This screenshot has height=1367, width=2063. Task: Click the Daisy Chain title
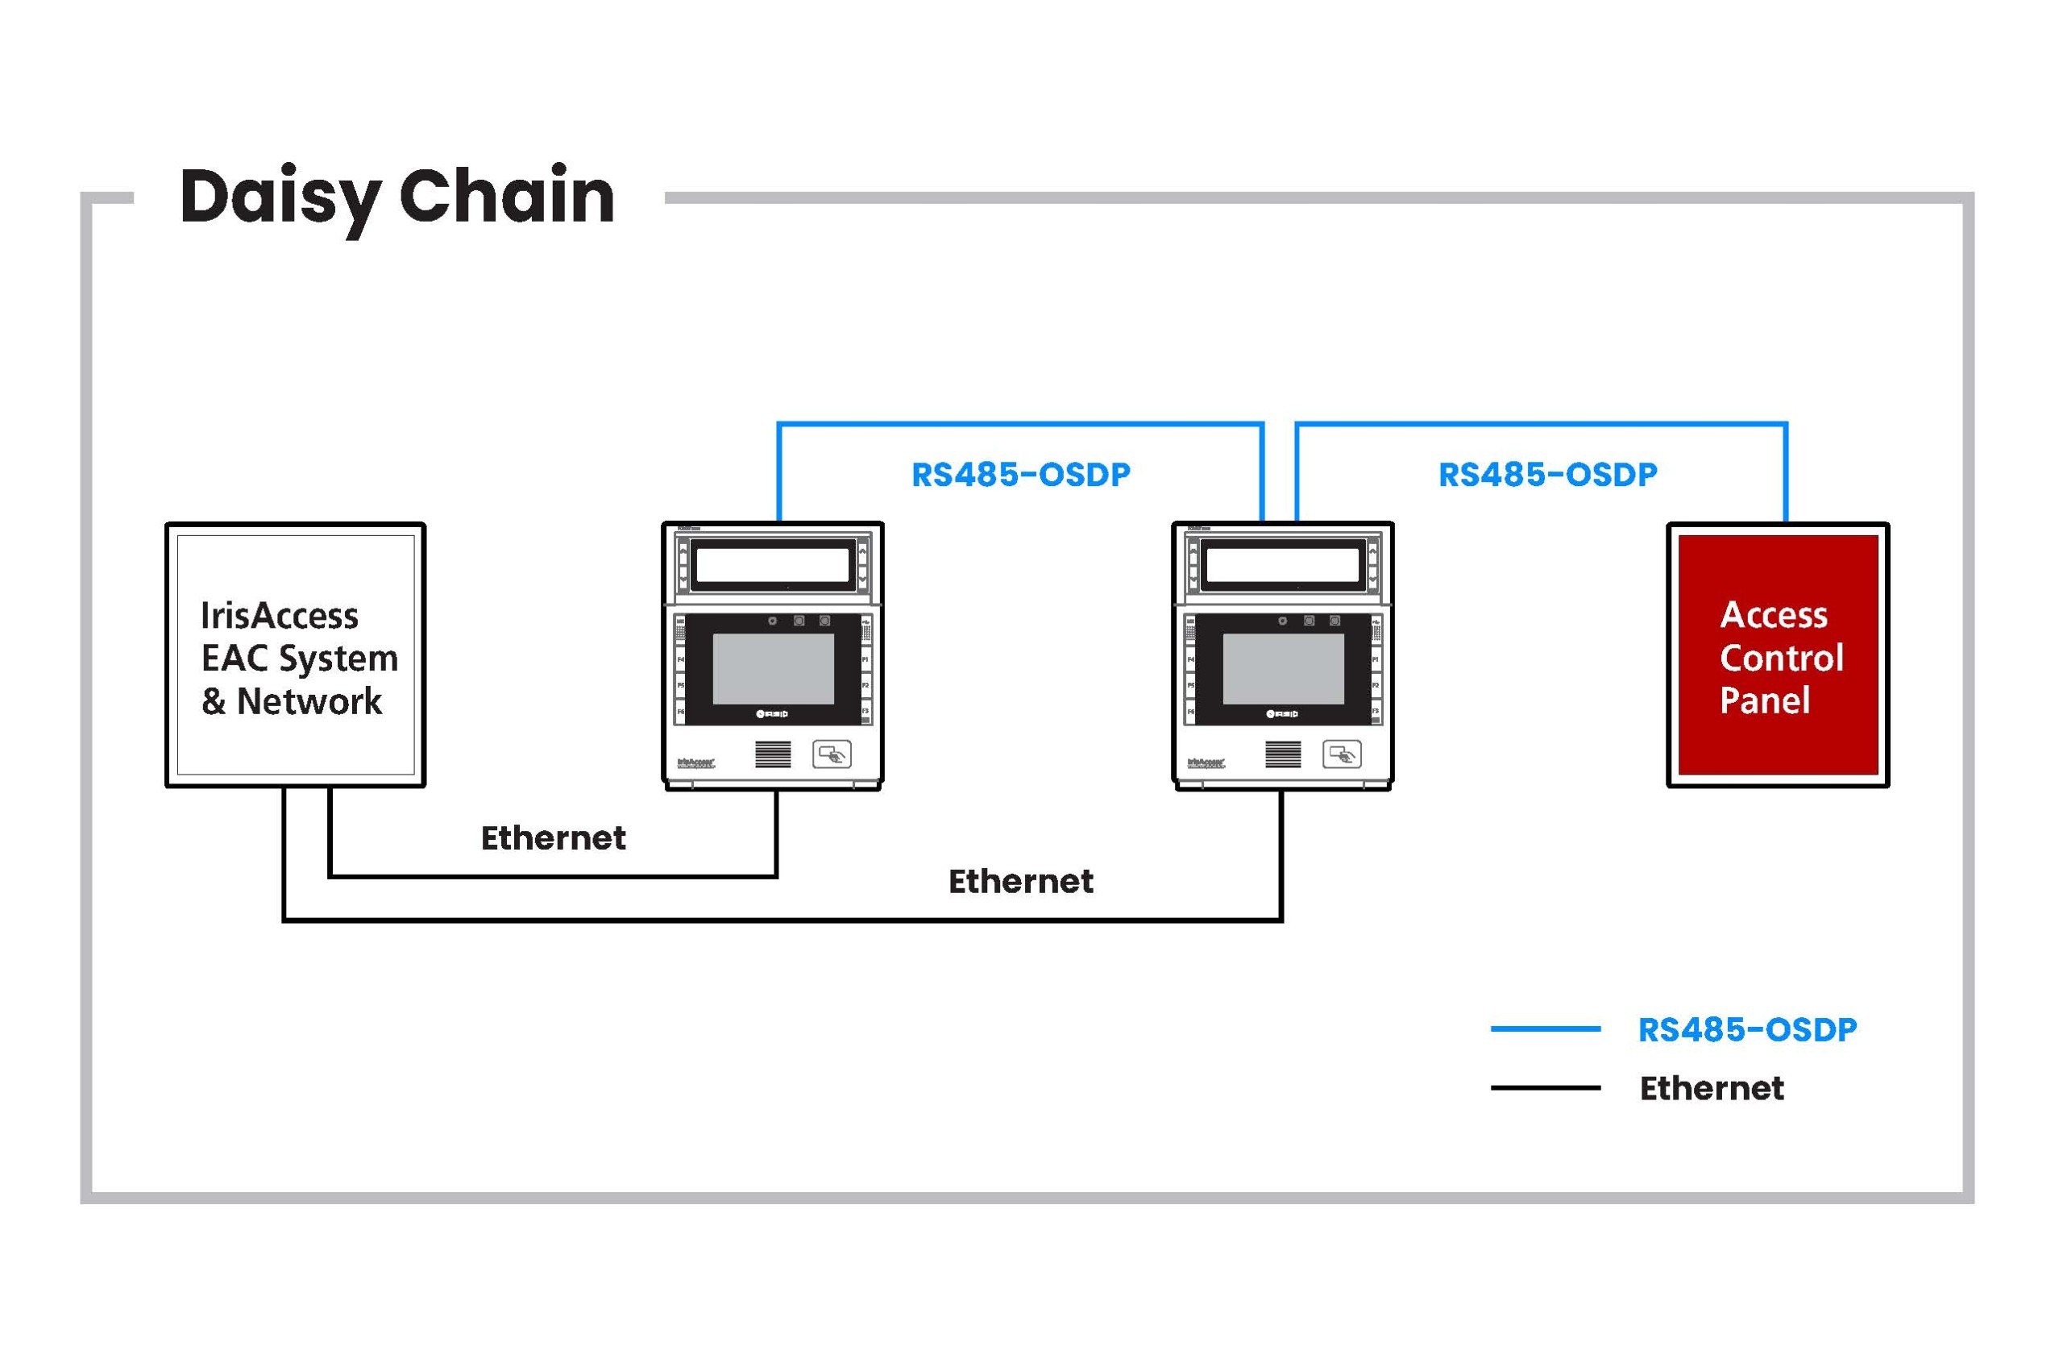click(397, 197)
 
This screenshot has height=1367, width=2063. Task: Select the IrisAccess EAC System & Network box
click(296, 655)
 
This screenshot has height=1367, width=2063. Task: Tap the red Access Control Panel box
click(1778, 655)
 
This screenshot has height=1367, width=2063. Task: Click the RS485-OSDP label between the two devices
click(1020, 475)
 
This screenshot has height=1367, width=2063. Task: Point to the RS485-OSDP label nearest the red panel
click(1547, 475)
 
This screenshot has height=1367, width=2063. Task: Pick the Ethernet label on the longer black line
click(1020, 883)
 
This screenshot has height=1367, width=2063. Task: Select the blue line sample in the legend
click(1546, 1028)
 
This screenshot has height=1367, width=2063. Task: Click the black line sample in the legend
click(1546, 1088)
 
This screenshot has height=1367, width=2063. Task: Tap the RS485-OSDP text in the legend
click(1747, 1029)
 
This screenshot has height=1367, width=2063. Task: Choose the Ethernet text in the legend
click(1712, 1089)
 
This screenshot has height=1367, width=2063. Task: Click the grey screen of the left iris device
click(773, 669)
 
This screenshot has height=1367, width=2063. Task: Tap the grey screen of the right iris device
click(1283, 669)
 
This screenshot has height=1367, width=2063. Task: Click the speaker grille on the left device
click(773, 754)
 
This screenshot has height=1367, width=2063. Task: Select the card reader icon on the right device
click(1341, 754)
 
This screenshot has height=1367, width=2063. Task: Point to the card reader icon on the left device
click(832, 754)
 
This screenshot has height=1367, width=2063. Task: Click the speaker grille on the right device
click(1283, 754)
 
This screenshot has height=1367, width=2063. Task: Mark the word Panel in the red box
click(1765, 700)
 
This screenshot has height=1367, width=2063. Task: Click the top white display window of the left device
click(772, 566)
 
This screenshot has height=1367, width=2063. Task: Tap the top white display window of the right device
click(1282, 566)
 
